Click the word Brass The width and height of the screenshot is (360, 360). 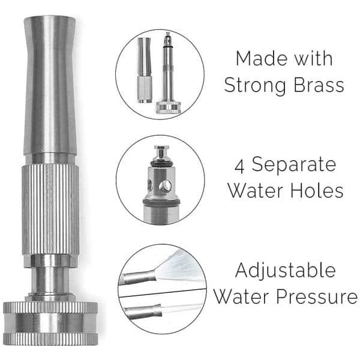[x=319, y=85]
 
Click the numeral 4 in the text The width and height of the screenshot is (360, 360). [x=239, y=167]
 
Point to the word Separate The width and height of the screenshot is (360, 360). [x=294, y=166]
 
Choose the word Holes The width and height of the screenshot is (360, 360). [x=317, y=191]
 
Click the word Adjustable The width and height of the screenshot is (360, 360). [x=286, y=271]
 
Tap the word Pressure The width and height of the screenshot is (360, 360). [x=317, y=296]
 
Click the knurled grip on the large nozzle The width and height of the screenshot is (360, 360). [x=51, y=209]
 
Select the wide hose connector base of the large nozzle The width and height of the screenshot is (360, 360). [x=50, y=324]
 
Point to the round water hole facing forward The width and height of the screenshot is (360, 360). [x=166, y=185]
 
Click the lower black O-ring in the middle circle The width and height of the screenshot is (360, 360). [x=161, y=202]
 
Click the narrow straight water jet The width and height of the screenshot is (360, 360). [x=182, y=308]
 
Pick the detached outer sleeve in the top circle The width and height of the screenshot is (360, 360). [x=145, y=70]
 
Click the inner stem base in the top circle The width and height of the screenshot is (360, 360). [x=168, y=107]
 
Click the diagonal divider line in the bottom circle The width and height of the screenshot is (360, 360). [x=162, y=293]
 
